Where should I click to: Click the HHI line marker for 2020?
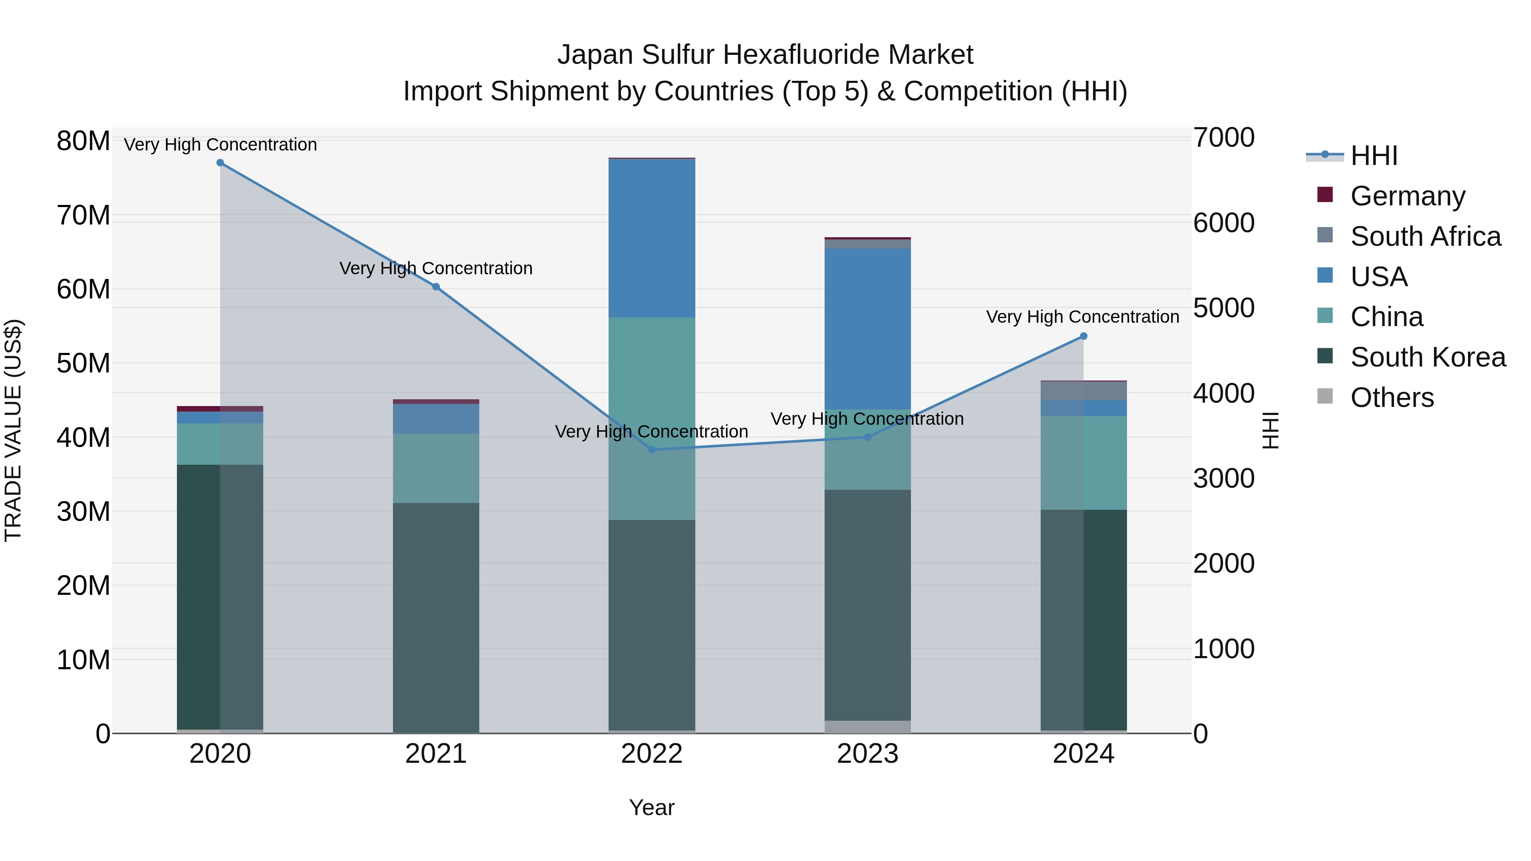point(220,163)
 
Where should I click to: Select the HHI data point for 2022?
point(652,450)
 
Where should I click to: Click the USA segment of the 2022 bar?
point(652,238)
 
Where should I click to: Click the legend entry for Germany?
point(1407,196)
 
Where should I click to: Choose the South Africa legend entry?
point(1425,236)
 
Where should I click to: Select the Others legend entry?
point(1392,398)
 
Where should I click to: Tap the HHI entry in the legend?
point(1374,156)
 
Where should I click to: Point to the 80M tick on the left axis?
point(83,142)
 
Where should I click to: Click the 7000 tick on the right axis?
point(1224,138)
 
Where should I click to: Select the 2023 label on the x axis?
point(867,754)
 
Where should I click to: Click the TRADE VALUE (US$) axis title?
point(13,430)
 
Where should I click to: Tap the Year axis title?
point(652,807)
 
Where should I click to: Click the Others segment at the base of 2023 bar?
point(867,727)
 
